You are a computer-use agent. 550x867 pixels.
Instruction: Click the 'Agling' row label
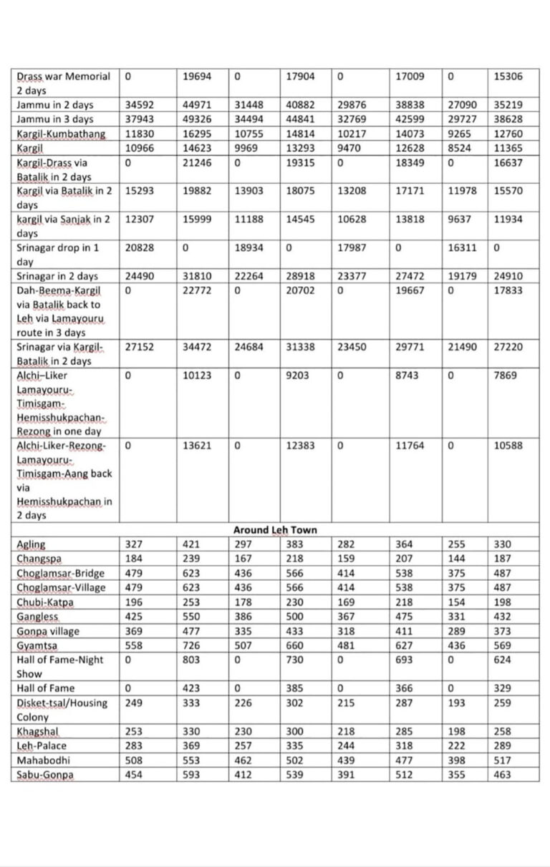tap(31, 544)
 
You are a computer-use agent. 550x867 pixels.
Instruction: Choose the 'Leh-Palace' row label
tap(42, 746)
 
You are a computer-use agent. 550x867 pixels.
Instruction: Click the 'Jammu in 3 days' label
tap(55, 119)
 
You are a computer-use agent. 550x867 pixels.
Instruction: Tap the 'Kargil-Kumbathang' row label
tap(61, 134)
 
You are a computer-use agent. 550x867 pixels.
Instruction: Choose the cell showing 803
tap(190, 660)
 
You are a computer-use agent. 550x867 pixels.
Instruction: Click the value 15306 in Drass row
tap(508, 76)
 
